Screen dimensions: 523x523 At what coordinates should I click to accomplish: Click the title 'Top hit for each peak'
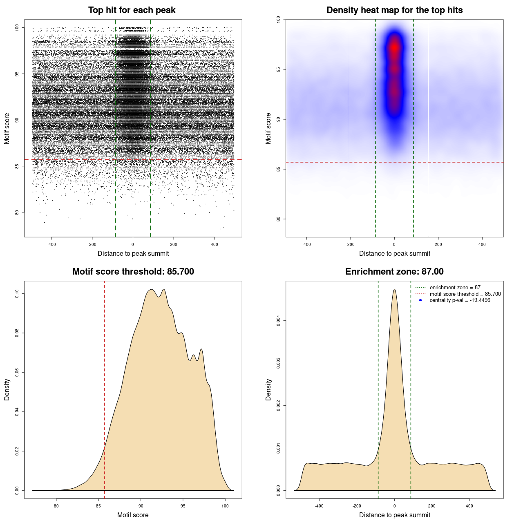click(x=132, y=10)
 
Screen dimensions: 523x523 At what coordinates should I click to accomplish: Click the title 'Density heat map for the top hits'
click(x=394, y=10)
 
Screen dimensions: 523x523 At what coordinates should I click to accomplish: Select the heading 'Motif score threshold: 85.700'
click(x=133, y=272)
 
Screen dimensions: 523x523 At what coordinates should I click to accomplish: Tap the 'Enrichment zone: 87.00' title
click(x=394, y=272)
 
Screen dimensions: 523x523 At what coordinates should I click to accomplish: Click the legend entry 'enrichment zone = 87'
click(x=455, y=288)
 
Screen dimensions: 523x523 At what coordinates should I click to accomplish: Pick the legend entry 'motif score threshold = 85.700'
click(x=465, y=294)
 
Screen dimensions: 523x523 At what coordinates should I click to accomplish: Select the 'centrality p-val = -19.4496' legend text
click(x=460, y=300)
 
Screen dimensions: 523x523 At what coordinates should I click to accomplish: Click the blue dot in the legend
click(x=420, y=300)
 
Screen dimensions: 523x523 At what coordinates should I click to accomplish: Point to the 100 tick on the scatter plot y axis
click(x=17, y=28)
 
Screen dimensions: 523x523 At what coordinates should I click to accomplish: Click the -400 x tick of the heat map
click(x=306, y=244)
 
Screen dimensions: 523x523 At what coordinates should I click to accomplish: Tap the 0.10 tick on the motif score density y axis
click(x=17, y=293)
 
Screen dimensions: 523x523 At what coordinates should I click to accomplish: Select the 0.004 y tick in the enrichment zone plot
click(x=279, y=321)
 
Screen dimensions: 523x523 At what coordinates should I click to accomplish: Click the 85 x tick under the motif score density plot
click(x=98, y=506)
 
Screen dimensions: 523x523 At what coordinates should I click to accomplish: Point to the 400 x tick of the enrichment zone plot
click(x=469, y=506)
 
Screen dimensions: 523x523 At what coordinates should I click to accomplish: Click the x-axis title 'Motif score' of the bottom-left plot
click(x=133, y=515)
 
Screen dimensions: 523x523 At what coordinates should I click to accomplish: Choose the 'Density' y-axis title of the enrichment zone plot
click(x=268, y=389)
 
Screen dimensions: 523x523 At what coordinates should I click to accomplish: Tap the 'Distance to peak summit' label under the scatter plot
click(x=133, y=254)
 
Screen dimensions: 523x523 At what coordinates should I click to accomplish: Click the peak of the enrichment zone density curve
click(x=394, y=290)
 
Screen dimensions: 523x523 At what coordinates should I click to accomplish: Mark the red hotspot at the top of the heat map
click(x=394, y=47)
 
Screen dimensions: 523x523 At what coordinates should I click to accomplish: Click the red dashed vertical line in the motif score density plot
click(x=105, y=388)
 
